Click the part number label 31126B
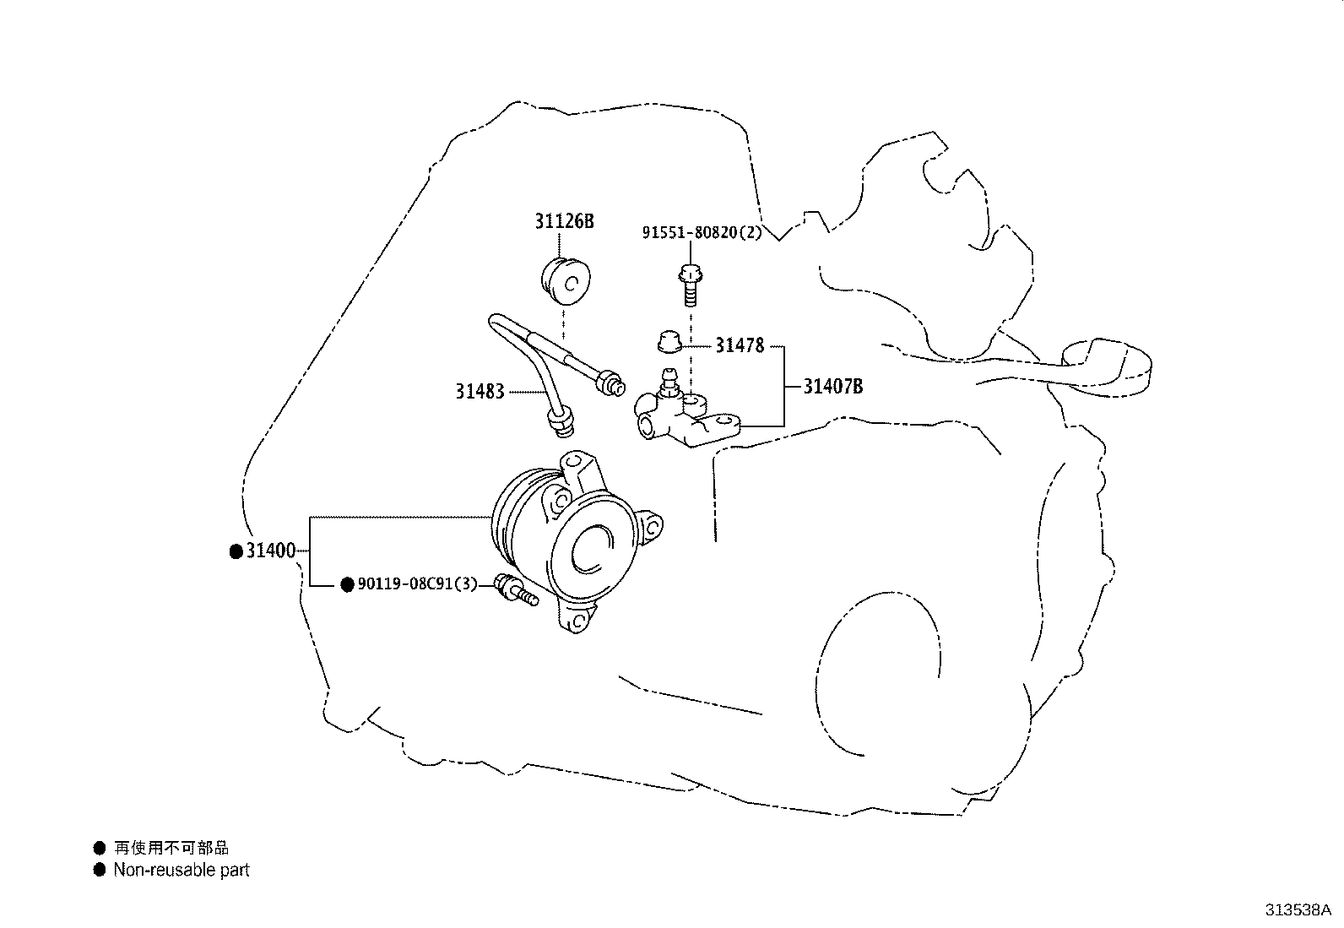[564, 221]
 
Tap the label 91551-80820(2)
[702, 232]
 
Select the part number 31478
[740, 345]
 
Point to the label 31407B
[832, 386]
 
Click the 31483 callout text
[480, 391]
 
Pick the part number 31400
[271, 551]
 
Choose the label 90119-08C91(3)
[417, 583]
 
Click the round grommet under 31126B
[565, 281]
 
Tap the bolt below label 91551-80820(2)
[691, 285]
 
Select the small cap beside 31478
[669, 341]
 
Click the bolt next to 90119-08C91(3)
[516, 590]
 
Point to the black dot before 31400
[236, 551]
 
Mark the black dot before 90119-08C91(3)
[347, 584]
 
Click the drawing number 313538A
[1298, 910]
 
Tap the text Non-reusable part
[182, 870]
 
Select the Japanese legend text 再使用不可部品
[171, 848]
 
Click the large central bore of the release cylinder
[593, 549]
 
